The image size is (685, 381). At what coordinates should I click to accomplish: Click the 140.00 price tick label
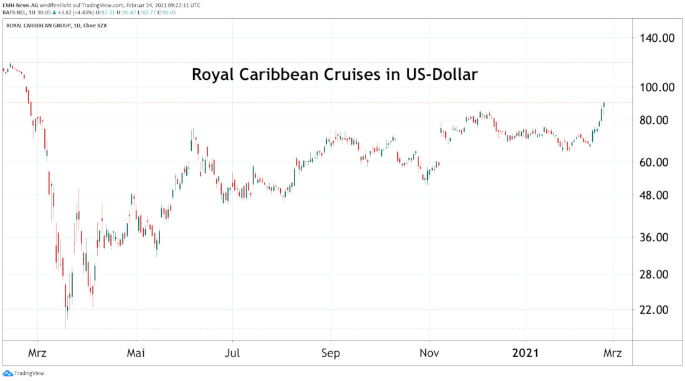(658, 38)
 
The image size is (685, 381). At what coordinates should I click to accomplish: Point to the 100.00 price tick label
(658, 87)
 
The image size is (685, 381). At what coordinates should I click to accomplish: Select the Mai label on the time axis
(135, 353)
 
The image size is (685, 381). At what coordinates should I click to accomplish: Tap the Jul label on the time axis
(232, 353)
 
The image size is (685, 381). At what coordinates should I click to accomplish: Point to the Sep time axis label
(331, 353)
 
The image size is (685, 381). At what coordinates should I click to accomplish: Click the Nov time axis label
(429, 353)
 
